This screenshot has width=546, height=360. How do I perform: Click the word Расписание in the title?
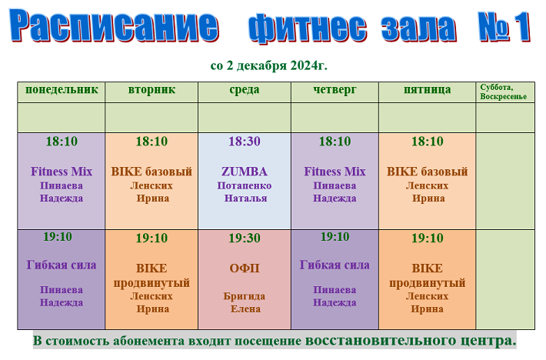[x=115, y=25]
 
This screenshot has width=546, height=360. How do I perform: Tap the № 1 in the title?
[x=504, y=26]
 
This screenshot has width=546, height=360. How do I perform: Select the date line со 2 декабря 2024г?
[x=269, y=65]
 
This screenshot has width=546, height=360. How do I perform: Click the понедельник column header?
[x=62, y=89]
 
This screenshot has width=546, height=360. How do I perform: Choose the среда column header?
[x=245, y=89]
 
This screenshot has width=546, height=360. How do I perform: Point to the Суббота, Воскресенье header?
[x=503, y=92]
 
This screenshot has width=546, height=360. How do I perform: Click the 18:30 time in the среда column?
[x=245, y=142]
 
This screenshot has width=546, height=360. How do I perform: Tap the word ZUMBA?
[x=245, y=172]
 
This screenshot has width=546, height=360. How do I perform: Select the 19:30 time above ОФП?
[x=245, y=238]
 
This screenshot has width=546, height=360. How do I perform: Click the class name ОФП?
[x=245, y=268]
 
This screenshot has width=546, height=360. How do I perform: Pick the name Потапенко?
[x=245, y=185]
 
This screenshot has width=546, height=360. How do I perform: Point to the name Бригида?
[x=245, y=296]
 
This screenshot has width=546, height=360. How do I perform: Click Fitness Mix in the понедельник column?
[x=62, y=172]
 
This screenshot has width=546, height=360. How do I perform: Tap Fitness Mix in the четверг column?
[x=335, y=172]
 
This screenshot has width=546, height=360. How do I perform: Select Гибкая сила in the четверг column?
[x=335, y=265]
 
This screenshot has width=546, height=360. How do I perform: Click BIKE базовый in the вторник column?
[x=151, y=172]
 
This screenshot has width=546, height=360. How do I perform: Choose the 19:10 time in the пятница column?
[x=428, y=238]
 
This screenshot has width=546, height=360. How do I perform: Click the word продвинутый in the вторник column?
[x=151, y=283]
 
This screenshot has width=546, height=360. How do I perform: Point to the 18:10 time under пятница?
[x=428, y=142]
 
